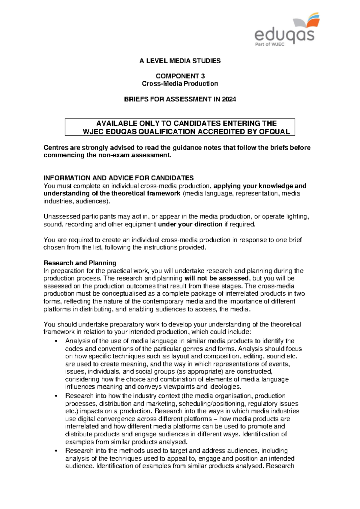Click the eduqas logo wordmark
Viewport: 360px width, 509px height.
(x=284, y=35)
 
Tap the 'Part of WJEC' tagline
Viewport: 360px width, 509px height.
(x=269, y=44)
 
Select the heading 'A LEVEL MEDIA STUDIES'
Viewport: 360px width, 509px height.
(x=180, y=61)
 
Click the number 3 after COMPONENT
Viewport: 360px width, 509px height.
(x=203, y=76)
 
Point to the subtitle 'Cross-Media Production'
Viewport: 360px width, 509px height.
(x=180, y=84)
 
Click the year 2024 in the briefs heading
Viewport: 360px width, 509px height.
(x=229, y=99)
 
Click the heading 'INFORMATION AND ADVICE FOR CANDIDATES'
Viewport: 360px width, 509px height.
(x=118, y=178)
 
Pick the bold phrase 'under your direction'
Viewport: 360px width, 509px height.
(x=190, y=224)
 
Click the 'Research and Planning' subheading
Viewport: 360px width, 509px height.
(x=80, y=263)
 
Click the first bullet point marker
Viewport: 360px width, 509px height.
(x=56, y=341)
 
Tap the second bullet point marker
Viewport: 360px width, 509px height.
(x=56, y=396)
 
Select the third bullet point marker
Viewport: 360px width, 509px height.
(x=56, y=451)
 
